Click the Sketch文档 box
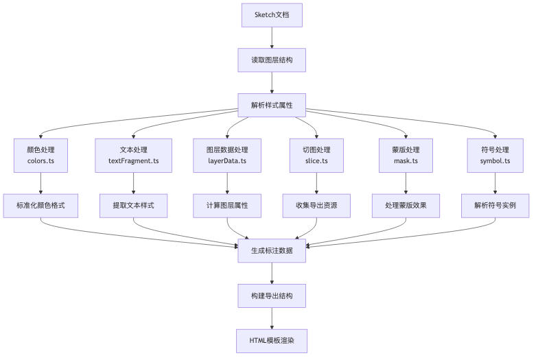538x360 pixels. pos(272,15)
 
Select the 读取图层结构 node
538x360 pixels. pos(272,60)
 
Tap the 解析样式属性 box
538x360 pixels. pos(272,106)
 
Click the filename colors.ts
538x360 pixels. pos(41,160)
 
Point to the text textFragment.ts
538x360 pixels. pos(133,160)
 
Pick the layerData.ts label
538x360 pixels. pos(227,160)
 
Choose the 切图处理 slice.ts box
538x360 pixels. pos(316,155)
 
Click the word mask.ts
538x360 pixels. pos(406,160)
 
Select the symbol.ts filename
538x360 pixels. pos(495,160)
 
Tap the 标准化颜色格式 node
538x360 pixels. pos(41,206)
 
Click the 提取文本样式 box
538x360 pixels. pos(133,206)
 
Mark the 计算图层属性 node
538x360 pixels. pos(227,206)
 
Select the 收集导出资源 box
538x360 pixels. pos(316,206)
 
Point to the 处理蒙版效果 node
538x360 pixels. pos(406,206)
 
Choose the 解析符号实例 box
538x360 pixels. pos(495,206)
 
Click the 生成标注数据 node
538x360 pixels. pos(272,251)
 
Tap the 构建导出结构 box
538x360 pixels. pos(272,296)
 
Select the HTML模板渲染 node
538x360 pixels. pos(272,341)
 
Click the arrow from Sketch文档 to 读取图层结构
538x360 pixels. pos(272,38)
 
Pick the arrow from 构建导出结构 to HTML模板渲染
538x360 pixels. pos(272,318)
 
